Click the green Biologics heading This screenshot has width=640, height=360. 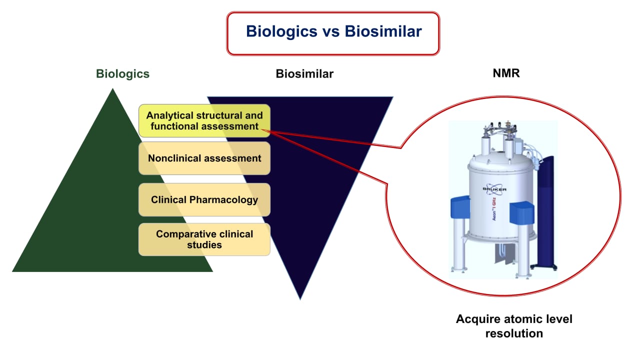tap(122, 74)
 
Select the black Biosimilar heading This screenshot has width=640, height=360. tap(304, 74)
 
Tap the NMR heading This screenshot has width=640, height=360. tap(506, 74)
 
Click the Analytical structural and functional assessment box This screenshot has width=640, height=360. tap(204, 121)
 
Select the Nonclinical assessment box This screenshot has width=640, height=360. tap(204, 158)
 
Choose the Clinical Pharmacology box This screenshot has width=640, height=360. tap(204, 200)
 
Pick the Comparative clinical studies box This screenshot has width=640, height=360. tap(204, 239)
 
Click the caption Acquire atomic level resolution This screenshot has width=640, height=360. tap(514, 326)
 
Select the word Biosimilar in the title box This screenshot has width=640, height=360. tap(383, 31)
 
